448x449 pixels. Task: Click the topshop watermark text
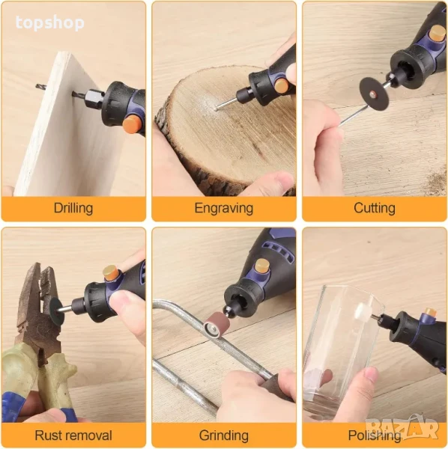point(50,23)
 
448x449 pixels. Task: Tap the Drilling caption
point(73,208)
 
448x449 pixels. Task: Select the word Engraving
point(224,208)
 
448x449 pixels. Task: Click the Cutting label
point(375,208)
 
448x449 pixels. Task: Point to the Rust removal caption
point(73,436)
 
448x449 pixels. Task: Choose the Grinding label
point(224,436)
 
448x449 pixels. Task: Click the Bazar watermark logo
point(402,428)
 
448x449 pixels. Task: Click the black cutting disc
point(372,92)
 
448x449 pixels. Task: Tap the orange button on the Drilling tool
point(133,123)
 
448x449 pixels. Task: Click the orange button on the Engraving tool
point(282,85)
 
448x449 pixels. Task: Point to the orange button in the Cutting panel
point(437,33)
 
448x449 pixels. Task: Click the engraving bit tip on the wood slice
point(218,108)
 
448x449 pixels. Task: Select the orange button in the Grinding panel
point(262,267)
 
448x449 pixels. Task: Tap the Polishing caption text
point(375,436)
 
